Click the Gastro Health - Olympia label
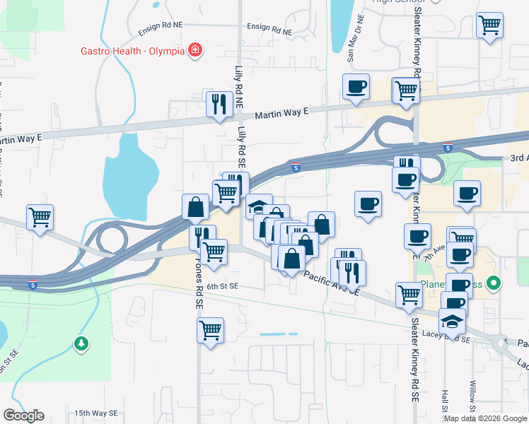[132, 51]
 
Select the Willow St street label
[473, 399]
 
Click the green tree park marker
[81, 344]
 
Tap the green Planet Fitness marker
[495, 285]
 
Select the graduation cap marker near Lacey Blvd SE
[452, 321]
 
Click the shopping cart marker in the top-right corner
[489, 25]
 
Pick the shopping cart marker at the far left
[40, 218]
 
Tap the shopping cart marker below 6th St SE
[210, 330]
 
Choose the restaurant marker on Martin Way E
[219, 104]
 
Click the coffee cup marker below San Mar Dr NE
[356, 88]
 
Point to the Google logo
[23, 416]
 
